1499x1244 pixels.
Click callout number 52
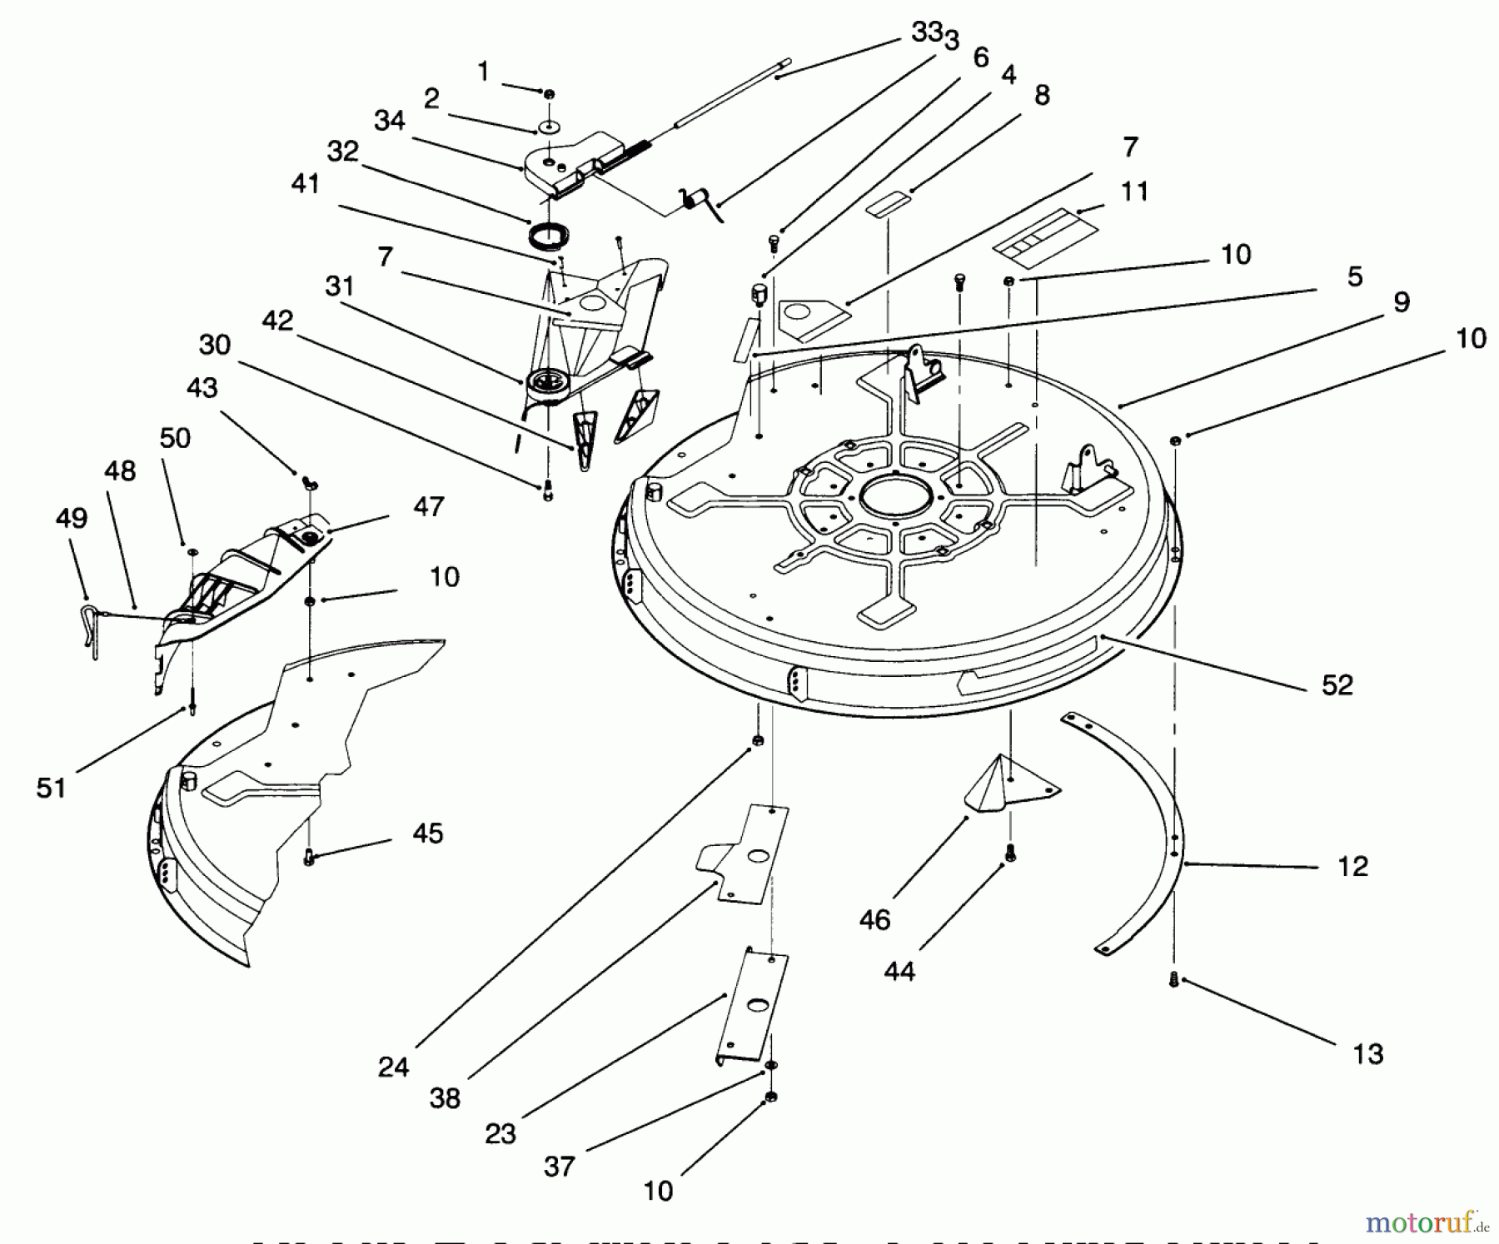[1337, 684]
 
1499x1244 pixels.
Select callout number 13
[1367, 1053]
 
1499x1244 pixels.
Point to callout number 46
[874, 919]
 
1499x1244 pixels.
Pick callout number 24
[392, 1067]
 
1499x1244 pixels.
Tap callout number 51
[51, 787]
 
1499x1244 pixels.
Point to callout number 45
[427, 833]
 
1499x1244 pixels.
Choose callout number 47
[428, 505]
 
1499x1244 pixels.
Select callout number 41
[305, 183]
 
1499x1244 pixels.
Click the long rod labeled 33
[733, 91]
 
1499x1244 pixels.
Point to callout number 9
[1401, 301]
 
